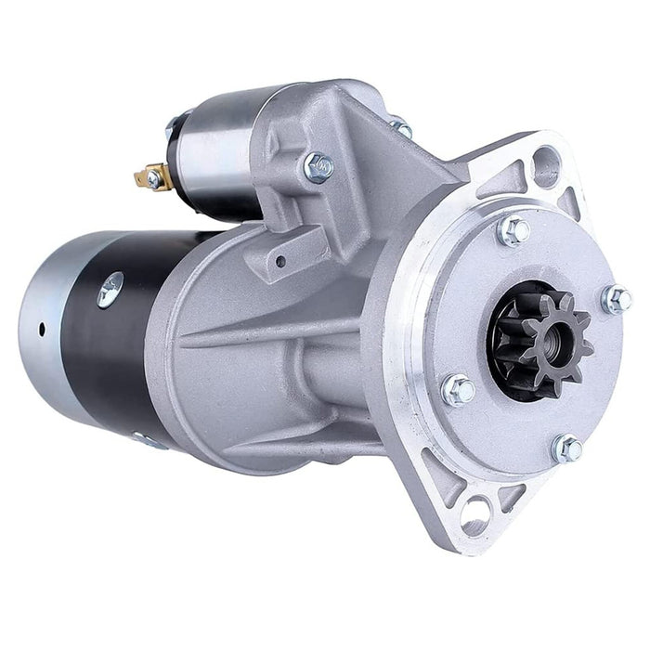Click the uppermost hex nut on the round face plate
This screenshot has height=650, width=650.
pyautogui.click(x=513, y=230)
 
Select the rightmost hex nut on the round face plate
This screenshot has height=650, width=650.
pyautogui.click(x=616, y=299)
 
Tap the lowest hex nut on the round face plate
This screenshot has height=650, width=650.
pyautogui.click(x=567, y=448)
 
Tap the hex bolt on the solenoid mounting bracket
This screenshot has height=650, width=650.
pyautogui.click(x=318, y=167)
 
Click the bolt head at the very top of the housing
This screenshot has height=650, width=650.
pyautogui.click(x=399, y=126)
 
